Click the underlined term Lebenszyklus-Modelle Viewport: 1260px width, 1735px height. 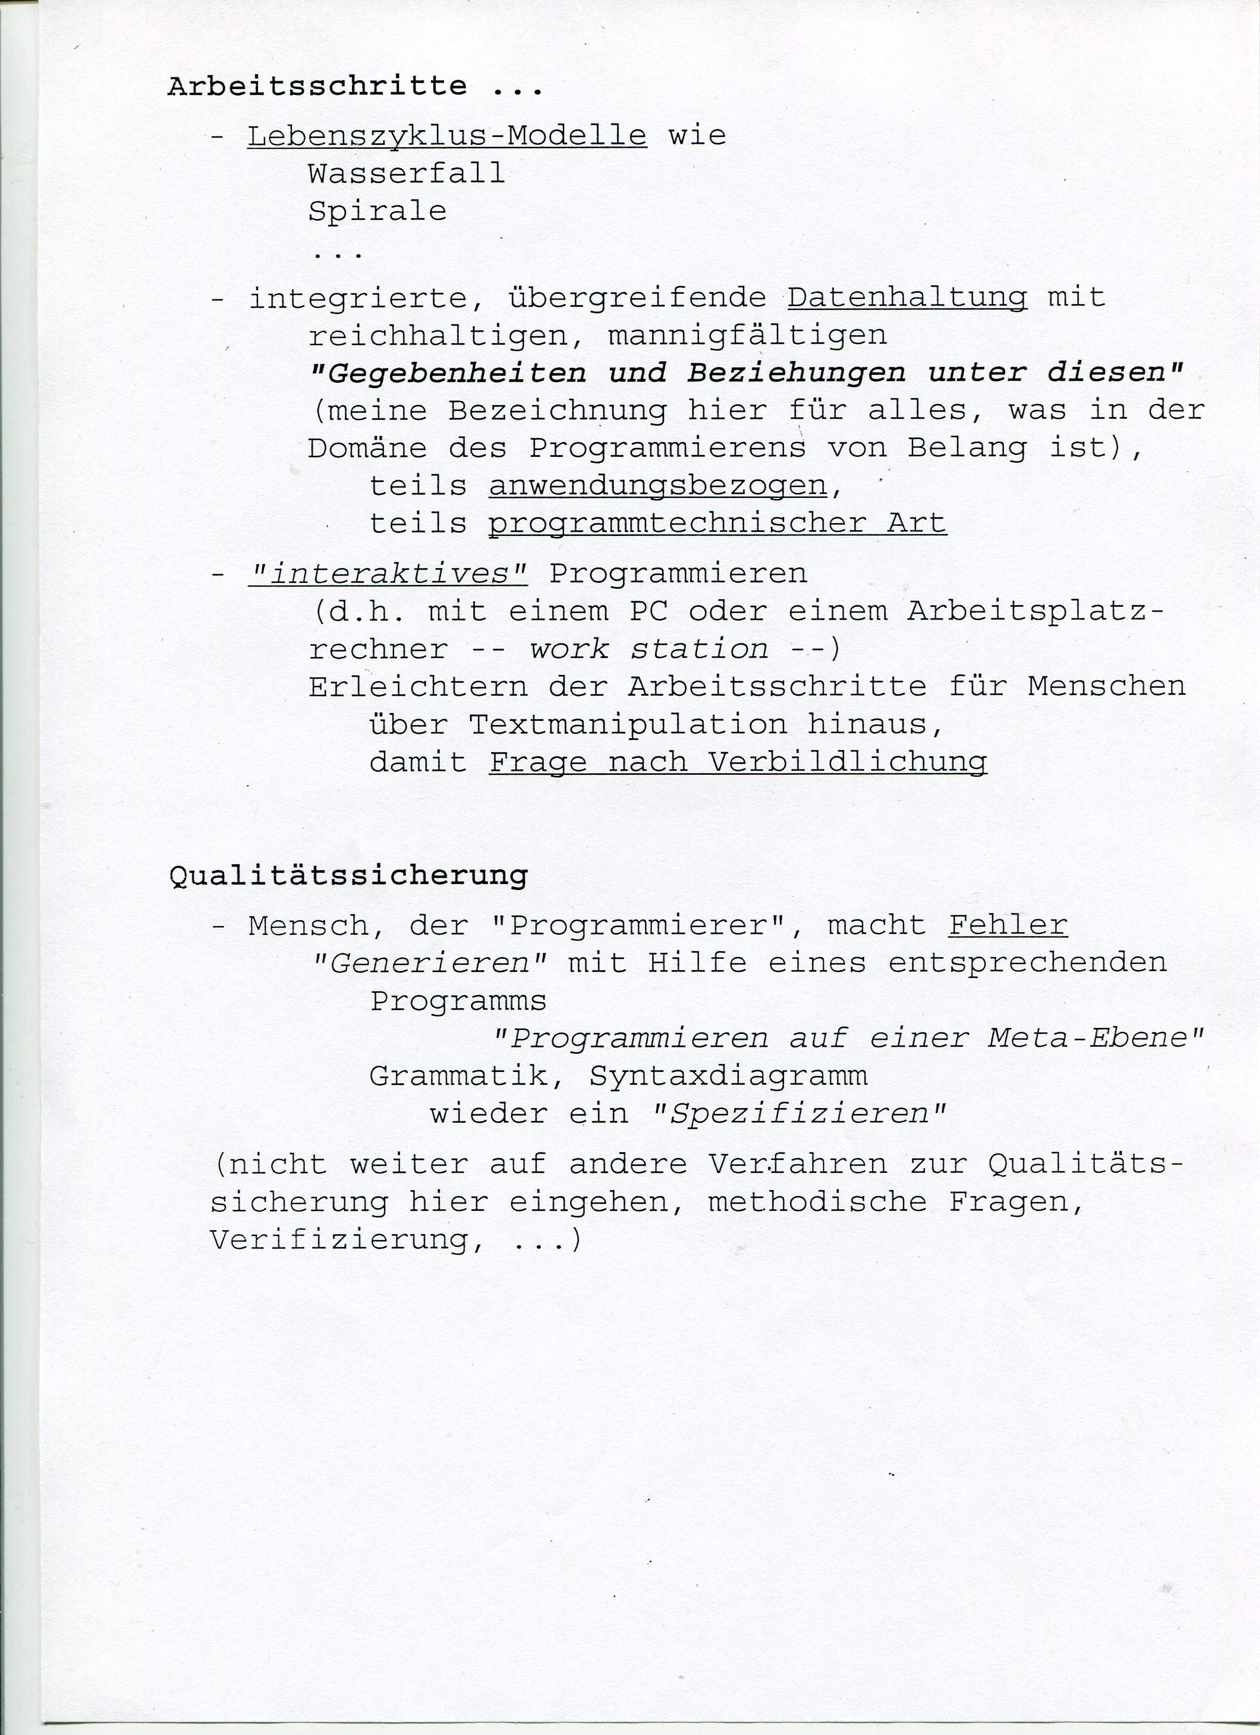[x=447, y=136]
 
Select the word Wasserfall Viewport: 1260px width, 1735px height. [x=407, y=174]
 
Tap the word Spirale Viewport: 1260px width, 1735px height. [x=377, y=211]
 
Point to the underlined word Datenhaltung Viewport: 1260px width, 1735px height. [x=908, y=297]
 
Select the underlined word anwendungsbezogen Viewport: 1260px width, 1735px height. [x=658, y=486]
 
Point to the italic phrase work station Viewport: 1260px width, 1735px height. [x=648, y=649]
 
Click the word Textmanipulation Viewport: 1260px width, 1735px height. [x=628, y=724]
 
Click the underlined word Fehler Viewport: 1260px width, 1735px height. [x=1008, y=926]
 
